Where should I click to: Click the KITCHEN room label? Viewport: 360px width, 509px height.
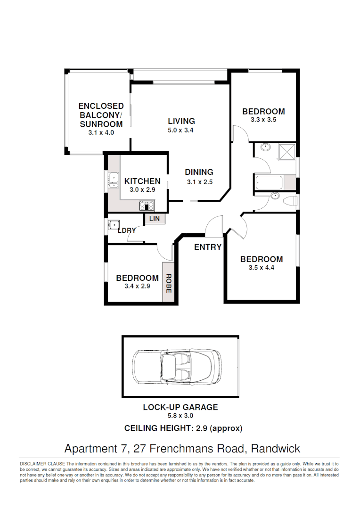click(x=142, y=181)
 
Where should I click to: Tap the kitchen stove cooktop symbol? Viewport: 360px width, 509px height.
click(x=147, y=205)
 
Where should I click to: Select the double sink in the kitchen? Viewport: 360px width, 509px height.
click(x=113, y=180)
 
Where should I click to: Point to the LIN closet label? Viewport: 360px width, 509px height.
click(x=154, y=219)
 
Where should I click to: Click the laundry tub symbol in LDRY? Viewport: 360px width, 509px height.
click(x=113, y=224)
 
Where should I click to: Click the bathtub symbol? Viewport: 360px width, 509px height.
click(x=269, y=182)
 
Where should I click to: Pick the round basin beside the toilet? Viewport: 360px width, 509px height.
click(x=274, y=197)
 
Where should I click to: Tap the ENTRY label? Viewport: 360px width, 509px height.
click(x=207, y=247)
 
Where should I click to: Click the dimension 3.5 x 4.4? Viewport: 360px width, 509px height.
click(x=262, y=268)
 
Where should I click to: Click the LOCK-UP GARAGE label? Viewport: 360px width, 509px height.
click(x=180, y=407)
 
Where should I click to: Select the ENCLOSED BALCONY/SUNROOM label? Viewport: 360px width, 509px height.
click(x=101, y=115)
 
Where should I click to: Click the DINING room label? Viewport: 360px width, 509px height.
click(x=199, y=172)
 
